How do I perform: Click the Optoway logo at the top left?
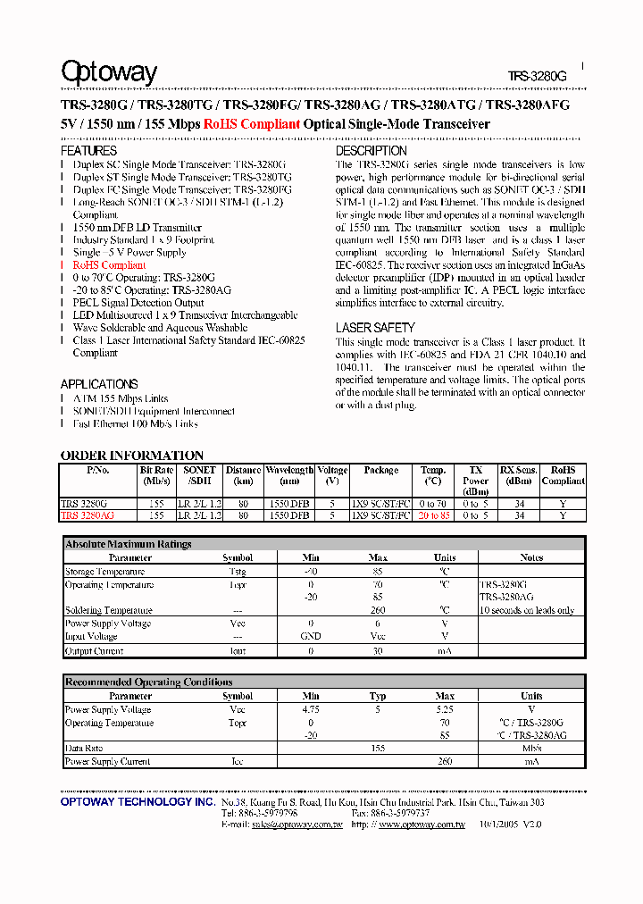[108, 72]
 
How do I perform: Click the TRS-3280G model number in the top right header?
[539, 77]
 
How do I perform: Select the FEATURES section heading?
[88, 151]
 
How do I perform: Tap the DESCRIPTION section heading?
[372, 151]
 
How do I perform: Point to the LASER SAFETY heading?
[375, 328]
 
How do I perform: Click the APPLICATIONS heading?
[99, 384]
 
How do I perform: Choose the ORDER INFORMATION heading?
[132, 456]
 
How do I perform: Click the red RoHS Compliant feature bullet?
[109, 265]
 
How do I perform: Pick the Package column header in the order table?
[381, 470]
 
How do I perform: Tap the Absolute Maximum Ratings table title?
[129, 544]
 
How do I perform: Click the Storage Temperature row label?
[104, 572]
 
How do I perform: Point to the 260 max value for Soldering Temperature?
[378, 610]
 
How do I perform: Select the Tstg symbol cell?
[238, 572]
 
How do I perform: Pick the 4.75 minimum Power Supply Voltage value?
[311, 710]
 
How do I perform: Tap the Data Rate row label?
[84, 749]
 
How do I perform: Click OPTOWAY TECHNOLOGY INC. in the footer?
[138, 802]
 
